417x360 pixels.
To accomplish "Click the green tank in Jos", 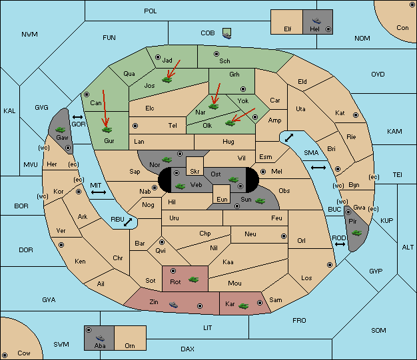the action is click(x=167, y=79).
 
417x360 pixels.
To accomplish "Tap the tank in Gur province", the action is click(x=107, y=130).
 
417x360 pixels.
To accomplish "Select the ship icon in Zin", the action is click(x=173, y=305).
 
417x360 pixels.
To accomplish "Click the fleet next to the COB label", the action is click(x=227, y=33).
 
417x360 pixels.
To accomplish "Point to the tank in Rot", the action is click(x=193, y=279).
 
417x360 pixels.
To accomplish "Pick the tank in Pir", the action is click(x=356, y=233).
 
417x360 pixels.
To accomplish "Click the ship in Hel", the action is click(x=316, y=21).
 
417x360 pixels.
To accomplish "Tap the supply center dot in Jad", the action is click(x=158, y=57).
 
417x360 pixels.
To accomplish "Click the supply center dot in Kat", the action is click(x=356, y=115).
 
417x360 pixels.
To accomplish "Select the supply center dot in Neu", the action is click(x=284, y=236).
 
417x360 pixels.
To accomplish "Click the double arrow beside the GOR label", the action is click(x=77, y=117).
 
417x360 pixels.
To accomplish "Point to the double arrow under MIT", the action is click(x=99, y=192).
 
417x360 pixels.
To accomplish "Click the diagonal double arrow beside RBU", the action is click(x=128, y=222).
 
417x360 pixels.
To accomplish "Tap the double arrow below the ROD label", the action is click(x=340, y=244).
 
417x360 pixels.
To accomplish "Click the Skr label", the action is click(x=195, y=172).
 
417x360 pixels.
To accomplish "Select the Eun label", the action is click(x=222, y=199).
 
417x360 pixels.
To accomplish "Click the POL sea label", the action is click(x=151, y=11).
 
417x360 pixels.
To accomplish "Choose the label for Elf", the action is click(x=288, y=29).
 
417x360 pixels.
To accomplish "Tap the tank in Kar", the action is click(x=243, y=306).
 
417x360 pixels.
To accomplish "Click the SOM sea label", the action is click(x=378, y=330).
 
